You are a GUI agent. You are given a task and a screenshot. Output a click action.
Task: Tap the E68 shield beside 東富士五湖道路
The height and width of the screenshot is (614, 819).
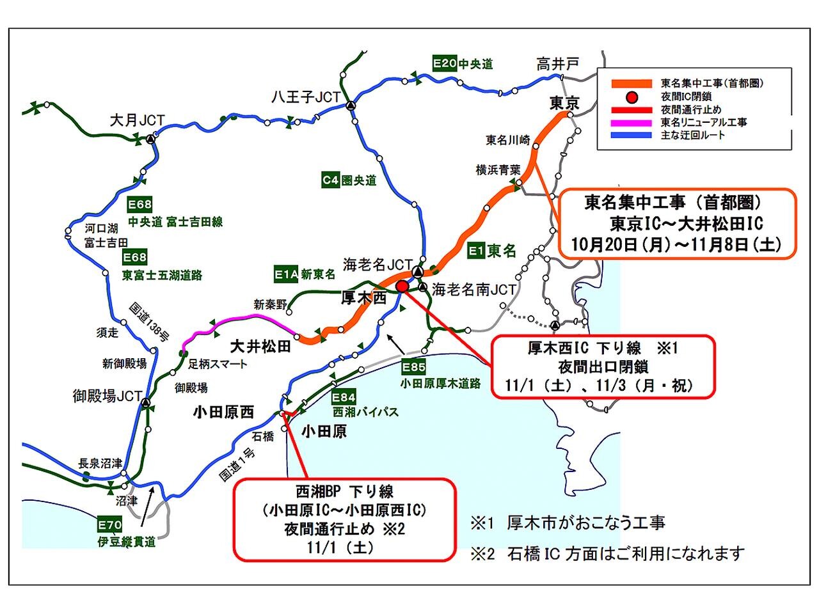tap(135, 257)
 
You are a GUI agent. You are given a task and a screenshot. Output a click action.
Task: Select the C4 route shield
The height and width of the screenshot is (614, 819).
tap(330, 180)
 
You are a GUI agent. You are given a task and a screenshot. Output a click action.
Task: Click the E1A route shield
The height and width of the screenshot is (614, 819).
tap(286, 274)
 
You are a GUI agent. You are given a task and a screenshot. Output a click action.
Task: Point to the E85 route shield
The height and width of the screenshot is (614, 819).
tap(413, 367)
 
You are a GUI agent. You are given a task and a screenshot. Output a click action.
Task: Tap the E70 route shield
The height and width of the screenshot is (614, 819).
tap(109, 526)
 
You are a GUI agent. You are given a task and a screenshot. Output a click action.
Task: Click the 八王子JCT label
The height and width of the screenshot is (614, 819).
tap(305, 97)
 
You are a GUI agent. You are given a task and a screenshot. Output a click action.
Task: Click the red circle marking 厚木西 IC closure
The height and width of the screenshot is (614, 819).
tap(402, 287)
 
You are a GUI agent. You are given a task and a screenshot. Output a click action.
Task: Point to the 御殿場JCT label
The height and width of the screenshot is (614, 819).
tap(107, 396)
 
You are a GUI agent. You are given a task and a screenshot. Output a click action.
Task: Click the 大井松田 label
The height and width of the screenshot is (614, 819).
tap(260, 347)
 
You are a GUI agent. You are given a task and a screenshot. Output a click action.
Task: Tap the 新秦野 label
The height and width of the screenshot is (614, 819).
tap(270, 304)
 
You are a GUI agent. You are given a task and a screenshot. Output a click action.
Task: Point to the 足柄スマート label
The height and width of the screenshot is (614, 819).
tap(218, 364)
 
